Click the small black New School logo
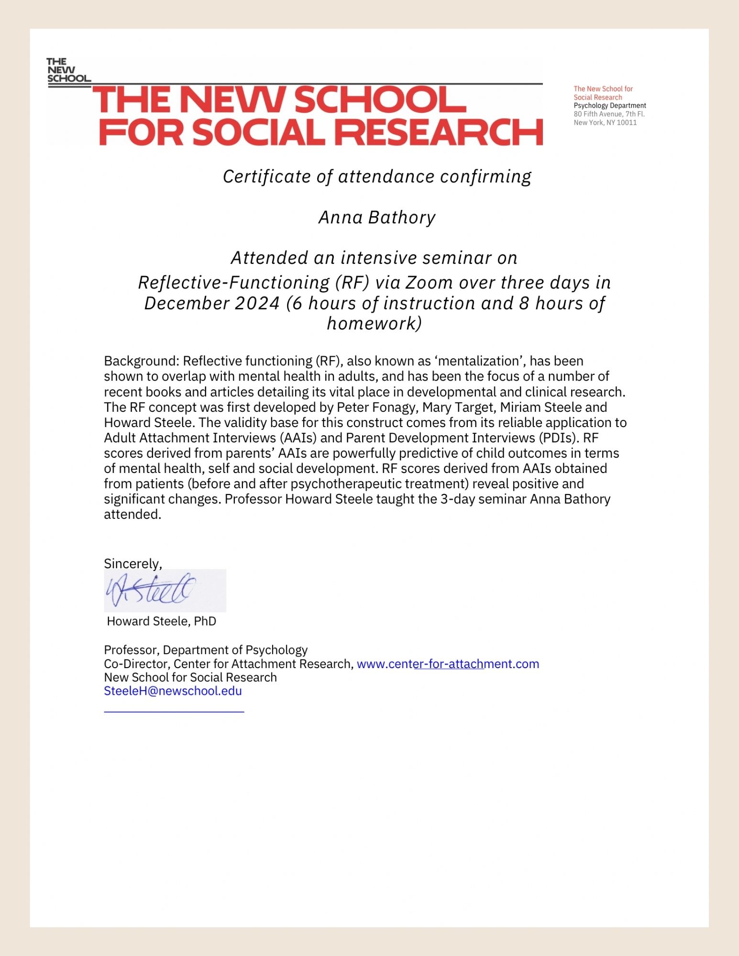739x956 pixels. tap(68, 71)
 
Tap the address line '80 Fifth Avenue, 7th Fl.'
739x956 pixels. tap(609, 114)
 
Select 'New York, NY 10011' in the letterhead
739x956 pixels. tap(605, 123)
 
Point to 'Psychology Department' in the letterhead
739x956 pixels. tap(609, 106)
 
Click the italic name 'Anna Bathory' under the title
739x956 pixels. tap(377, 218)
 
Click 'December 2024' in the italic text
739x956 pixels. tap(212, 303)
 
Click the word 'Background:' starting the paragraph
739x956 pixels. tap(141, 361)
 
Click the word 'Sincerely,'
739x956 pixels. tap(133, 564)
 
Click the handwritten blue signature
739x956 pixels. tap(151, 590)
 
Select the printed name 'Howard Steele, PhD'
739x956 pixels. tap(162, 621)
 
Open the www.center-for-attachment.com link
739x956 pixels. tap(448, 664)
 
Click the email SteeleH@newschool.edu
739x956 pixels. tap(173, 691)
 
